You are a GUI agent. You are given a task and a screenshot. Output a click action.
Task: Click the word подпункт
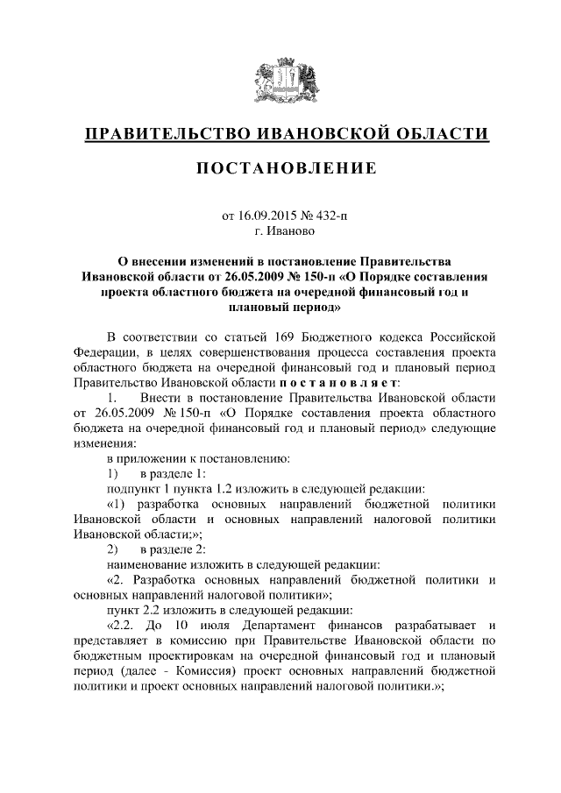pos(133,488)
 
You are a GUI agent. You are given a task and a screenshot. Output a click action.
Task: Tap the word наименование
pos(146,565)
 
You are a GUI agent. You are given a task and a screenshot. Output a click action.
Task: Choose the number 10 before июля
pos(209,626)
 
